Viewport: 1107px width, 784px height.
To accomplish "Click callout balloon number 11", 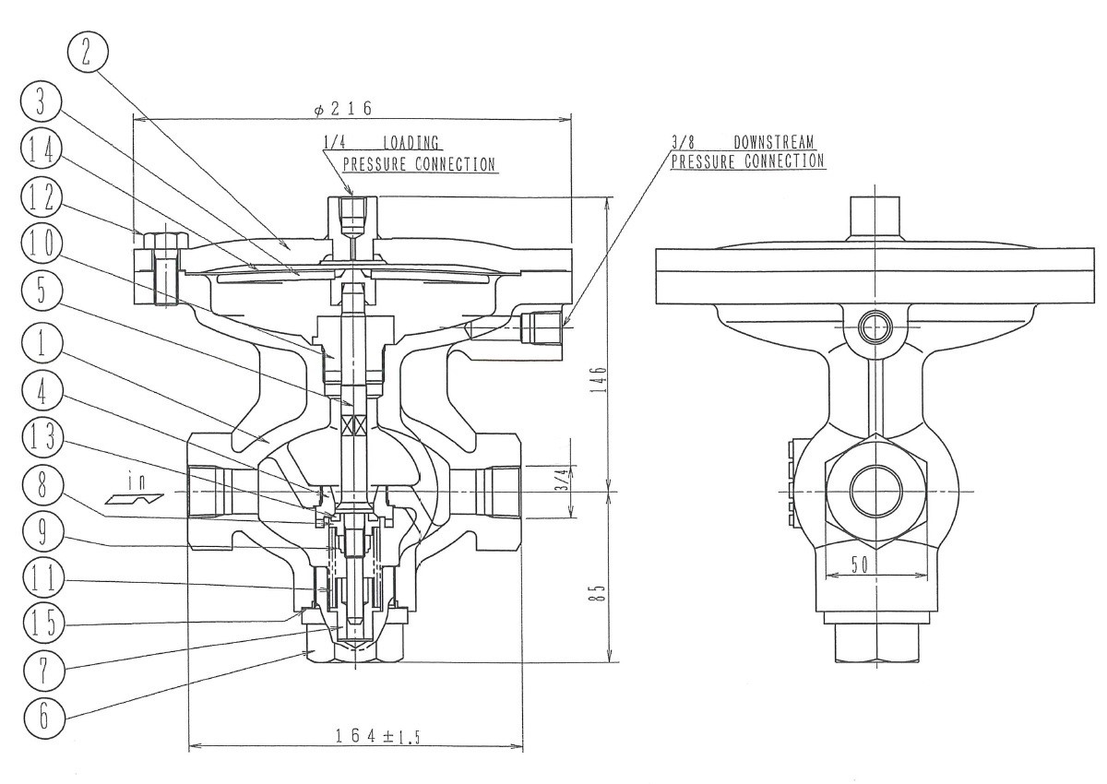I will (41, 580).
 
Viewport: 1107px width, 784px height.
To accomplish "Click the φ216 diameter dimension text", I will (343, 109).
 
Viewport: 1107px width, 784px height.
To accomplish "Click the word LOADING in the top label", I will (411, 143).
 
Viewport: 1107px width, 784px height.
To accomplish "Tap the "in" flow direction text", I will (137, 481).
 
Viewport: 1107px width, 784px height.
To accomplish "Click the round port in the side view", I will (874, 491).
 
